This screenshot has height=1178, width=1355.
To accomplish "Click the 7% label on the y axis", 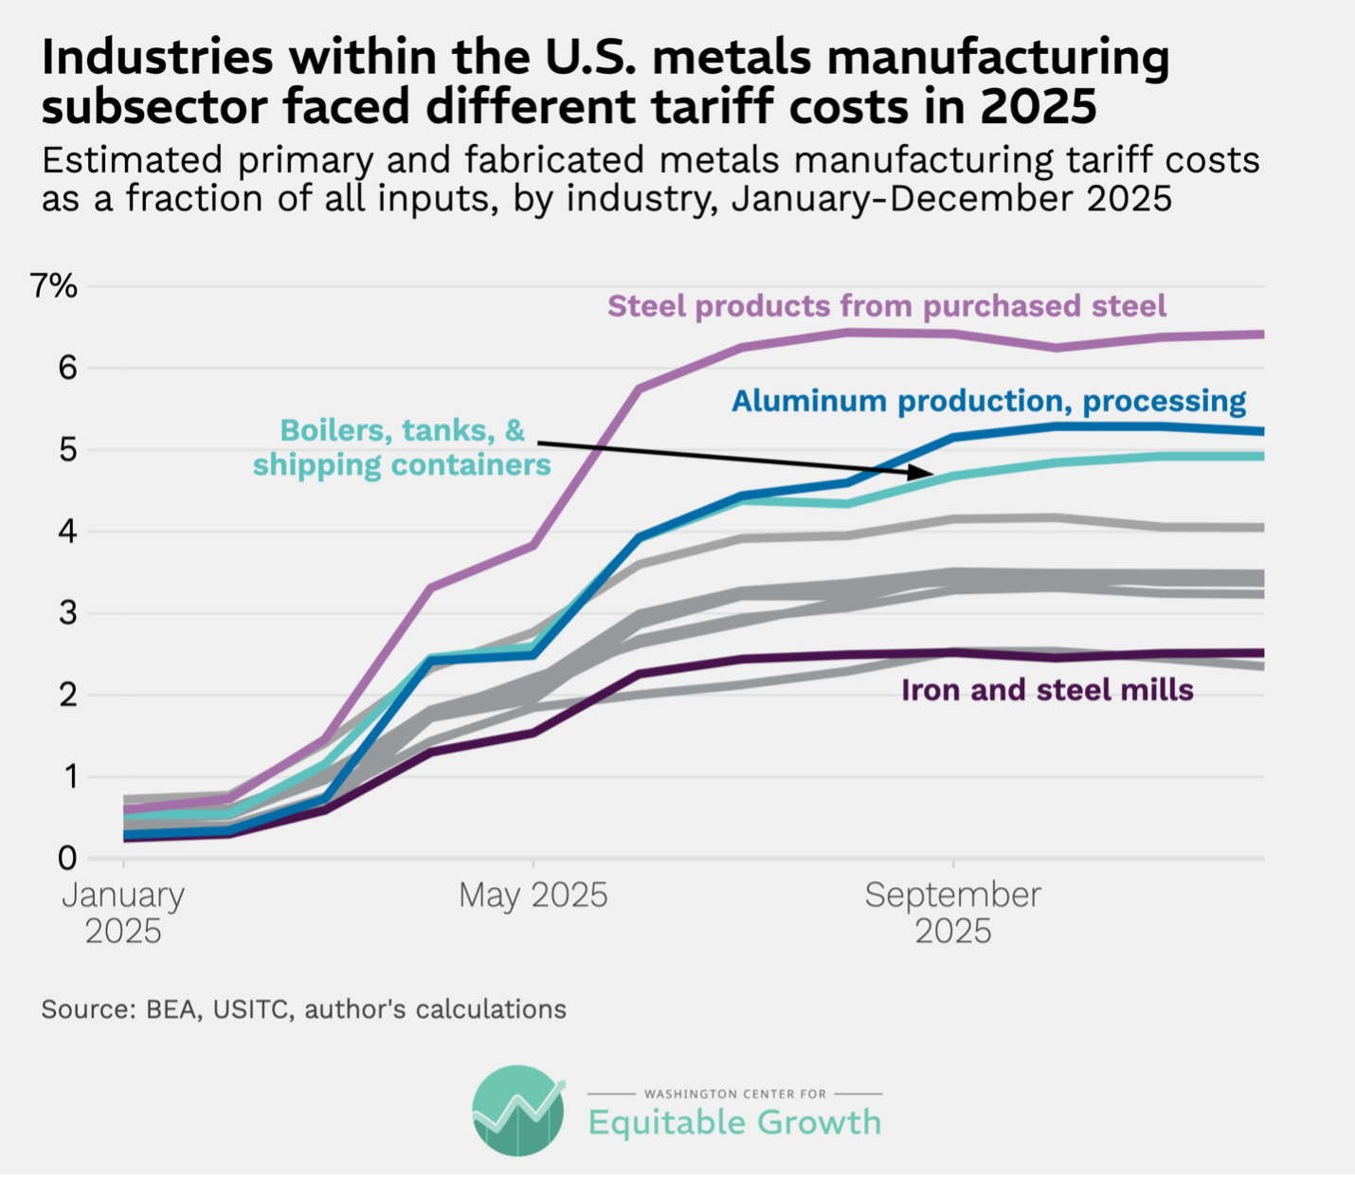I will point(54,285).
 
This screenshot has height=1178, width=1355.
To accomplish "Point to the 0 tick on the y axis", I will point(66,859).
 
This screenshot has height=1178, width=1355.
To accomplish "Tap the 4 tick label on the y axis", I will point(66,532).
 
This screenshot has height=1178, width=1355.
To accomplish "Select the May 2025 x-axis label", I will point(533,895).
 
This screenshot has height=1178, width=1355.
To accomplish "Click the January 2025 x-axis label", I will point(123,913).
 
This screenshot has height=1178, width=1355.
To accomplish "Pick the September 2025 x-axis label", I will point(952,913).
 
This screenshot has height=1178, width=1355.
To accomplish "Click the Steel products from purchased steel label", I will point(886,306).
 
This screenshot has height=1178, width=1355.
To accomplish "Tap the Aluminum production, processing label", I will point(988,401).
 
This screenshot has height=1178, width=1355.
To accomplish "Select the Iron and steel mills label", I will point(1047,690).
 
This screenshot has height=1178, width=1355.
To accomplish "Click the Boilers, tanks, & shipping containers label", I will point(402,447).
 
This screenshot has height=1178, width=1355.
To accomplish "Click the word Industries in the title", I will point(157,59).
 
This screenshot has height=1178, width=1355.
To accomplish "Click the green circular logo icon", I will point(518,1111).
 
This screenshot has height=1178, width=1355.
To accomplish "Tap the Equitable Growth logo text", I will point(734,1122).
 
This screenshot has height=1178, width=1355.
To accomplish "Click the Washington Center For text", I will point(734,1094).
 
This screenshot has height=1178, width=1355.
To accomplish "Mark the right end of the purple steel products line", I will point(1262,334).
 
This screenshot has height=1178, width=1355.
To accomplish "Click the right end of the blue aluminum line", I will point(1262,431).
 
